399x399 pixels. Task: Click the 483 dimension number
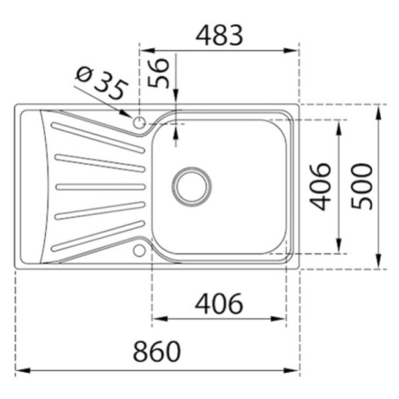point(220,36)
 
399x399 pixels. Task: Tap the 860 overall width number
point(157,351)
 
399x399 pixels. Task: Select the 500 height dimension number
point(362,186)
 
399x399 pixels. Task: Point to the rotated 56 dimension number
point(159,73)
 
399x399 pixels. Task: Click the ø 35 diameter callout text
point(101,83)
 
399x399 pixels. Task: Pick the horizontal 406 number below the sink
point(219,303)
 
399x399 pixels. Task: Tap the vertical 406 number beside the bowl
point(320,187)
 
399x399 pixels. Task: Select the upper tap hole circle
point(139,123)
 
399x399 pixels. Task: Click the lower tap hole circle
point(139,250)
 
